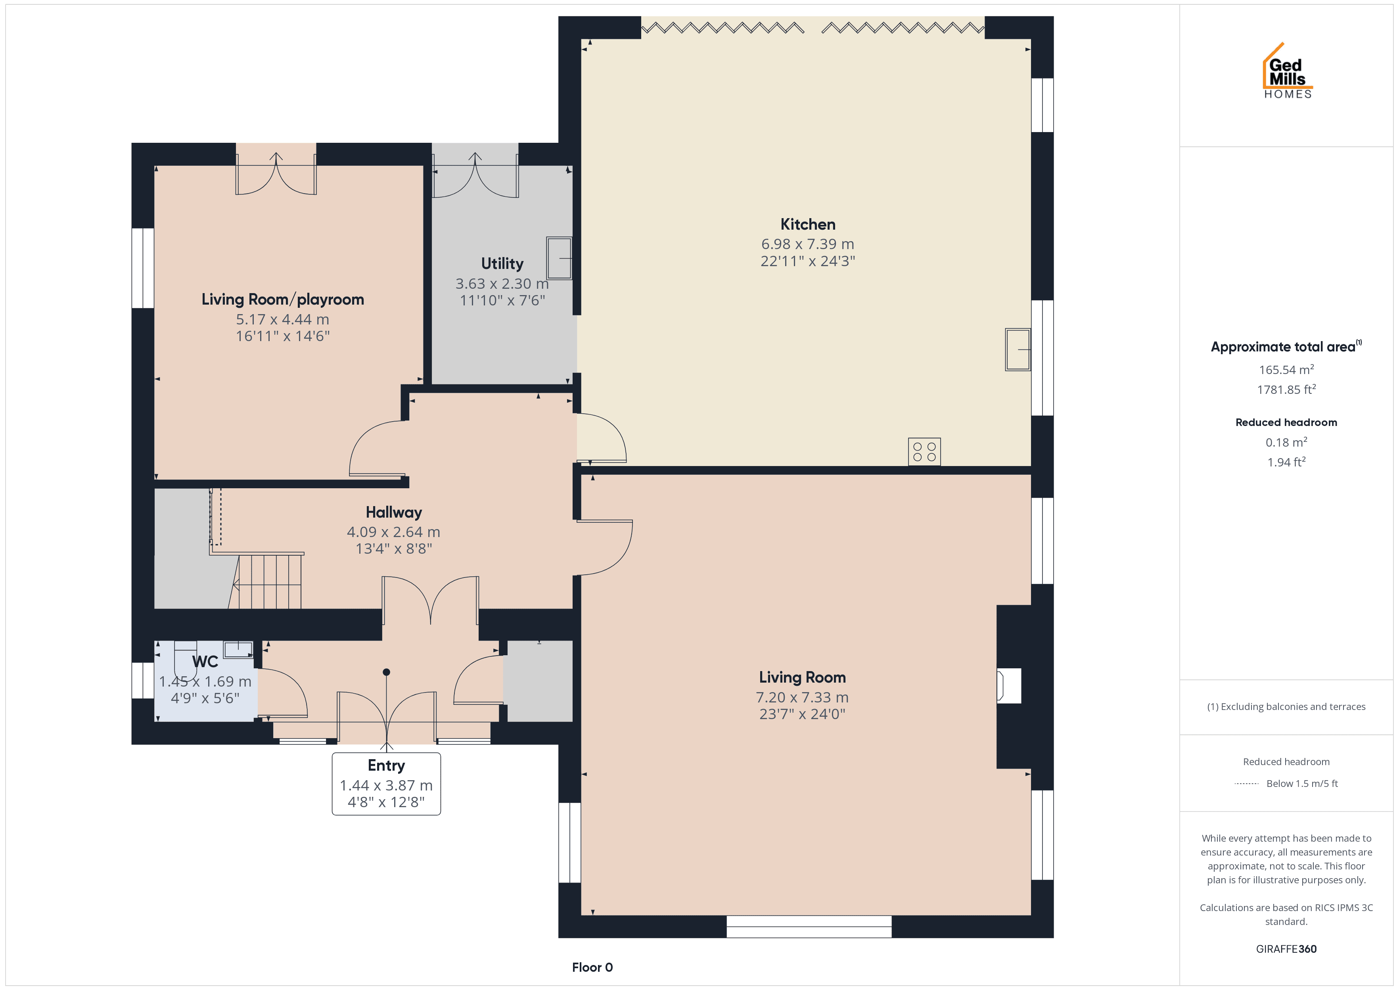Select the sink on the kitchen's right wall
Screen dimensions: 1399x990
[1018, 349]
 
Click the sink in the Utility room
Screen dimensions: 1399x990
[559, 258]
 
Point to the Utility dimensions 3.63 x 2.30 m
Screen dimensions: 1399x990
[502, 284]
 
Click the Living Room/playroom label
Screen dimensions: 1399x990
[283, 299]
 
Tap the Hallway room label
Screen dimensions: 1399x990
[394, 512]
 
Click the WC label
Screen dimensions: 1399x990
[205, 662]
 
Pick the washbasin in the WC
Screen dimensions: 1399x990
[238, 649]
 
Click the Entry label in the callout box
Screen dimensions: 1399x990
[386, 765]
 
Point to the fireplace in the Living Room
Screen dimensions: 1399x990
[1008, 686]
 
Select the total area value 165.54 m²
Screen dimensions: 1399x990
[1286, 369]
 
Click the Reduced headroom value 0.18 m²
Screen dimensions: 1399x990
[1286, 442]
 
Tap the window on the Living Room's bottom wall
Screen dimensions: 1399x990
[809, 926]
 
